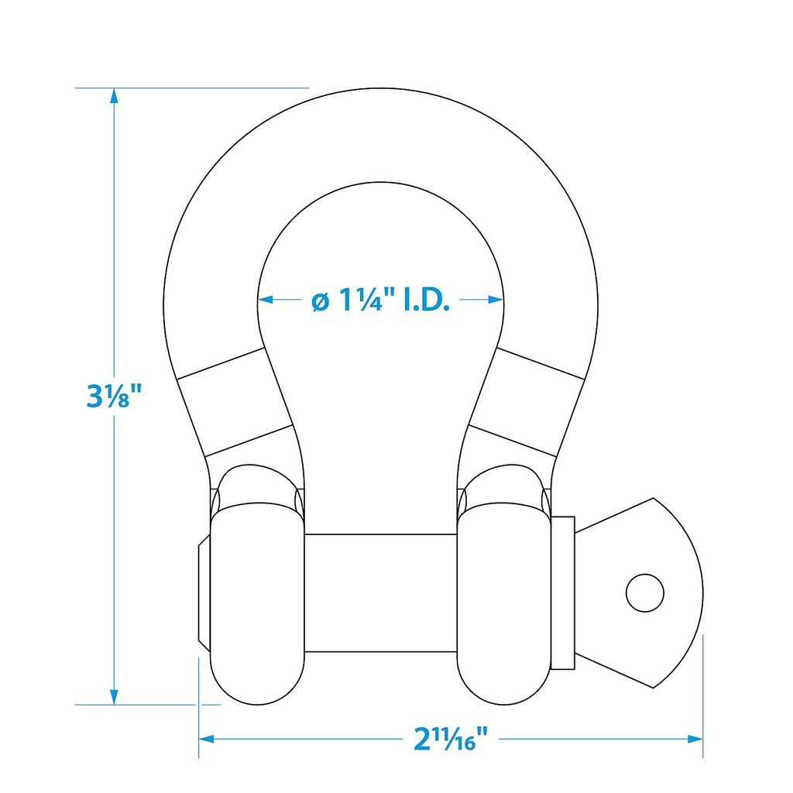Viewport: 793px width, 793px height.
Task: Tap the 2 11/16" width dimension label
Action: coord(451,739)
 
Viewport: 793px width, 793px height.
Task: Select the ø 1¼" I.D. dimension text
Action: coord(380,300)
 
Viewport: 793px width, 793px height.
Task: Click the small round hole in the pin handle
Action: coord(645,592)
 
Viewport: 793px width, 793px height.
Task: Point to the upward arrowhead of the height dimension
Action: coord(115,96)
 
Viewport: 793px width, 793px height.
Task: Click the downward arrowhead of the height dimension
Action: coord(115,696)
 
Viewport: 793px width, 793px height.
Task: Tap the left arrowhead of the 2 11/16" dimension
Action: coord(207,739)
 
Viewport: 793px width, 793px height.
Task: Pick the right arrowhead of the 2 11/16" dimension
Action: coord(695,739)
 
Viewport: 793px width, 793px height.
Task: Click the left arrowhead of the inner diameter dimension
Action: coord(266,300)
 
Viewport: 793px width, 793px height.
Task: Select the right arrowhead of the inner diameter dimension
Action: coord(496,300)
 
